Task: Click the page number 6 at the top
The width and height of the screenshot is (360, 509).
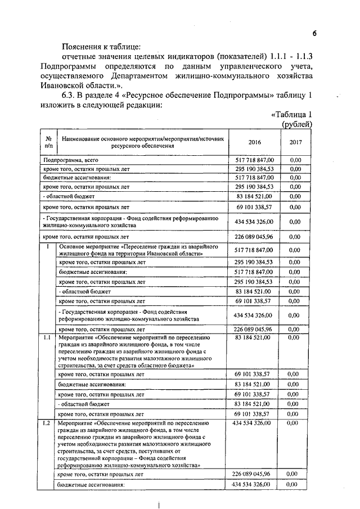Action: point(315,34)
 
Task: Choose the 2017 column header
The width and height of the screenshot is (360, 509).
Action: point(296,142)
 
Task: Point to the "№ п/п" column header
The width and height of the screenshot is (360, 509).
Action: point(48,142)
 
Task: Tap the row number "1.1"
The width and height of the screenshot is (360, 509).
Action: point(46,337)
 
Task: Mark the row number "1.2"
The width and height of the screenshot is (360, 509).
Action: point(46,422)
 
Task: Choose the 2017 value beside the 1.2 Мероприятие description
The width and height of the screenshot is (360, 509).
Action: point(293,422)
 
